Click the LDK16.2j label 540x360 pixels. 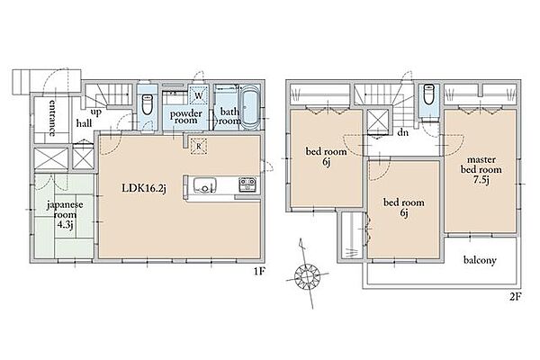[144, 188]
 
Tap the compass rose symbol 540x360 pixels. [307, 274]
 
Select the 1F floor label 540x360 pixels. [259, 272]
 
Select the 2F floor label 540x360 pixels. [516, 297]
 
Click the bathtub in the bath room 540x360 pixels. [249, 107]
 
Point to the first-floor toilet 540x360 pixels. [147, 104]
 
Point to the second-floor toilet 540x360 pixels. [428, 94]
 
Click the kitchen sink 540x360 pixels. [205, 185]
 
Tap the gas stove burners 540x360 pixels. [247, 184]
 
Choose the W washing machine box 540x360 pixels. [199, 94]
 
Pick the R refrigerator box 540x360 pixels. [199, 147]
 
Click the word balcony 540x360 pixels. [480, 260]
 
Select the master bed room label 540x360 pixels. [481, 170]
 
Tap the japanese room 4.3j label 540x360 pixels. [65, 214]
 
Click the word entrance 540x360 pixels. [52, 118]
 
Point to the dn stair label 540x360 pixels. [402, 132]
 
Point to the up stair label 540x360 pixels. [96, 112]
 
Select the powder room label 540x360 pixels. [186, 117]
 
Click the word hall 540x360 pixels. [84, 123]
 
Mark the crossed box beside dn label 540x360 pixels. [378, 122]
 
